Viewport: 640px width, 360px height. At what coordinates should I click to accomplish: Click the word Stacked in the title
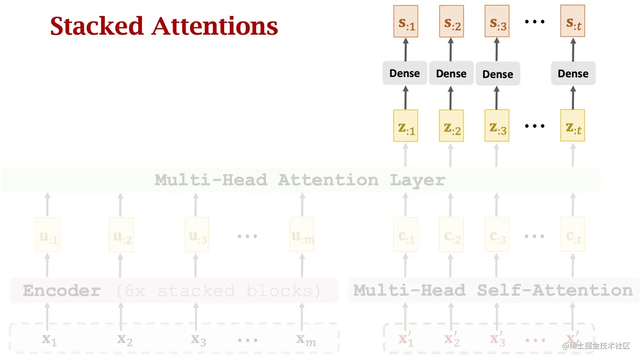97,26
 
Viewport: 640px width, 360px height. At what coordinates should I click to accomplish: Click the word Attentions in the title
215,26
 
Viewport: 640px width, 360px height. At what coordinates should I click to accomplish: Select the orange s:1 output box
406,22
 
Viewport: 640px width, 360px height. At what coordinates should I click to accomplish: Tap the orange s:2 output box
451,22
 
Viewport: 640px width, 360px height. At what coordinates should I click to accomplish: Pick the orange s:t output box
573,22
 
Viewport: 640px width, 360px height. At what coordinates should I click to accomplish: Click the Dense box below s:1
405,73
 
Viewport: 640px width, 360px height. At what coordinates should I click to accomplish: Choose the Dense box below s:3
498,74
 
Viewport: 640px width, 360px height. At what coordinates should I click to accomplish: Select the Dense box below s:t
573,74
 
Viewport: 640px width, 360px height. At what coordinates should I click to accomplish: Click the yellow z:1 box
406,126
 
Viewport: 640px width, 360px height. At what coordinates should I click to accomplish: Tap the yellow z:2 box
451,126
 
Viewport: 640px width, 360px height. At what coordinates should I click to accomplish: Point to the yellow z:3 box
497,126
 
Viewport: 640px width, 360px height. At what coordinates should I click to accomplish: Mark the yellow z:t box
573,126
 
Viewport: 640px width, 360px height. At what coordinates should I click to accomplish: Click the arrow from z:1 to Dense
406,98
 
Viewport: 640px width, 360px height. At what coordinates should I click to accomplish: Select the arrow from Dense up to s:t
573,49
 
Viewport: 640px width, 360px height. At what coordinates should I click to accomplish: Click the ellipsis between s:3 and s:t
535,22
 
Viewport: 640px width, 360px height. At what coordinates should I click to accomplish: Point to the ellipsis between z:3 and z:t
535,126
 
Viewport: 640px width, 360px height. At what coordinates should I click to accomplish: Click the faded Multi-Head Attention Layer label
300,180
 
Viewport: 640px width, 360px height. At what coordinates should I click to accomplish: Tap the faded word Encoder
62,291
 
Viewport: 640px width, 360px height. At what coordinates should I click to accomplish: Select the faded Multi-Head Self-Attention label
493,290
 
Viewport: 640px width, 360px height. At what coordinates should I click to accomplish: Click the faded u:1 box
48,235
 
